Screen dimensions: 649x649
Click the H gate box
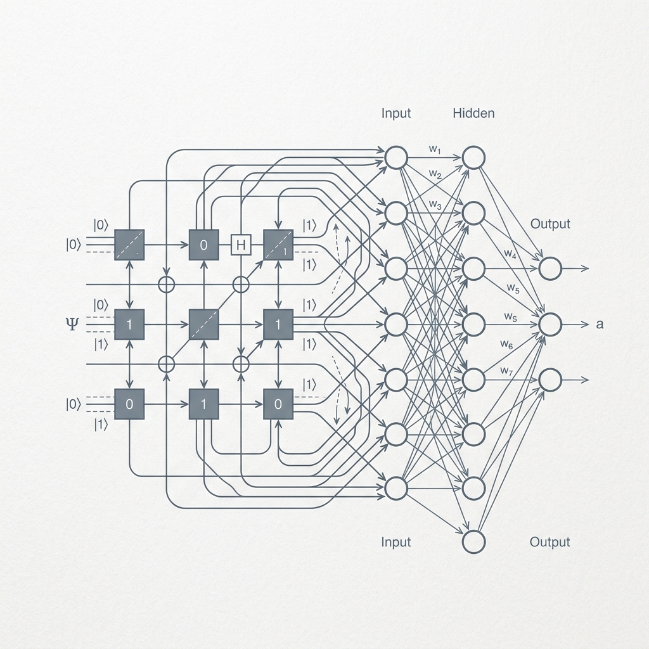(241, 245)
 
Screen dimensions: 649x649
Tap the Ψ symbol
(72, 324)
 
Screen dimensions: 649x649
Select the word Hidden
(473, 113)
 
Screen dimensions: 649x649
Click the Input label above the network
(395, 113)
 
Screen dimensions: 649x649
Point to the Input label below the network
(395, 543)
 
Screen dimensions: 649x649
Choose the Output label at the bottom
(549, 543)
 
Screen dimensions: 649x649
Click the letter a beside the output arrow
(600, 324)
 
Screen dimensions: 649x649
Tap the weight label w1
(435, 149)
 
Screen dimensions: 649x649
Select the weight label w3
(435, 204)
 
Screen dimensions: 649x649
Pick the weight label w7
(506, 371)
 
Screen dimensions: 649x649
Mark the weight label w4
(510, 254)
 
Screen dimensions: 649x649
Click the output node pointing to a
(550, 324)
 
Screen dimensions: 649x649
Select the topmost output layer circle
(550, 269)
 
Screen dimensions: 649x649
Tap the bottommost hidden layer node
(473, 542)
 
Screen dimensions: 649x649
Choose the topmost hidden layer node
(473, 158)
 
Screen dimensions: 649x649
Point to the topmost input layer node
(396, 158)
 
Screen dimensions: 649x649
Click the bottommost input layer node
(396, 488)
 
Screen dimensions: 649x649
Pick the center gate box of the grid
(203, 324)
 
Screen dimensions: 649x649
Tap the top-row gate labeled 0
(203, 245)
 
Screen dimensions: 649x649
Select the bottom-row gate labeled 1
(203, 404)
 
